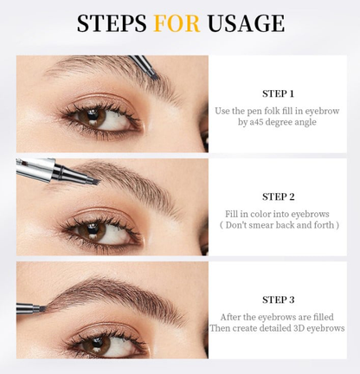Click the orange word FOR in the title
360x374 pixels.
(x=177, y=23)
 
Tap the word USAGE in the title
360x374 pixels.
(x=245, y=23)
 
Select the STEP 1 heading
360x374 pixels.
(x=278, y=93)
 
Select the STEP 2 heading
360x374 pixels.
(x=278, y=197)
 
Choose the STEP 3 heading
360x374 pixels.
(x=278, y=299)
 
